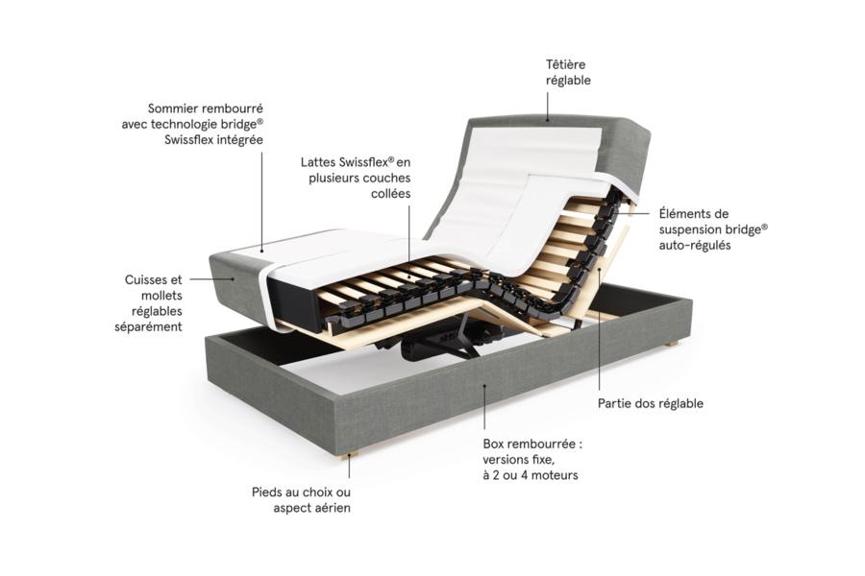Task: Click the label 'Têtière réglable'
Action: [568, 72]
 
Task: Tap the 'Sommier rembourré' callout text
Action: [192, 124]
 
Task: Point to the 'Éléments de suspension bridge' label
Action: [713, 229]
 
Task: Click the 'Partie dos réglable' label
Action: [651, 403]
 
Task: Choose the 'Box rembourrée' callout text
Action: [532, 459]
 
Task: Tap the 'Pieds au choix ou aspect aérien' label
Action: [301, 500]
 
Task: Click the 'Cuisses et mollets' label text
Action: [148, 303]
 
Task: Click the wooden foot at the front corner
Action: [349, 456]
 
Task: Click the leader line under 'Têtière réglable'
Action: [548, 107]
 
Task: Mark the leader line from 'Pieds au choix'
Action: [349, 467]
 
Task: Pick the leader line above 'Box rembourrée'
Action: [484, 407]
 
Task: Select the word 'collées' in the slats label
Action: [390, 194]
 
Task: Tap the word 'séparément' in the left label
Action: [148, 326]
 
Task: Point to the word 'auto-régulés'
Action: [695, 246]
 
